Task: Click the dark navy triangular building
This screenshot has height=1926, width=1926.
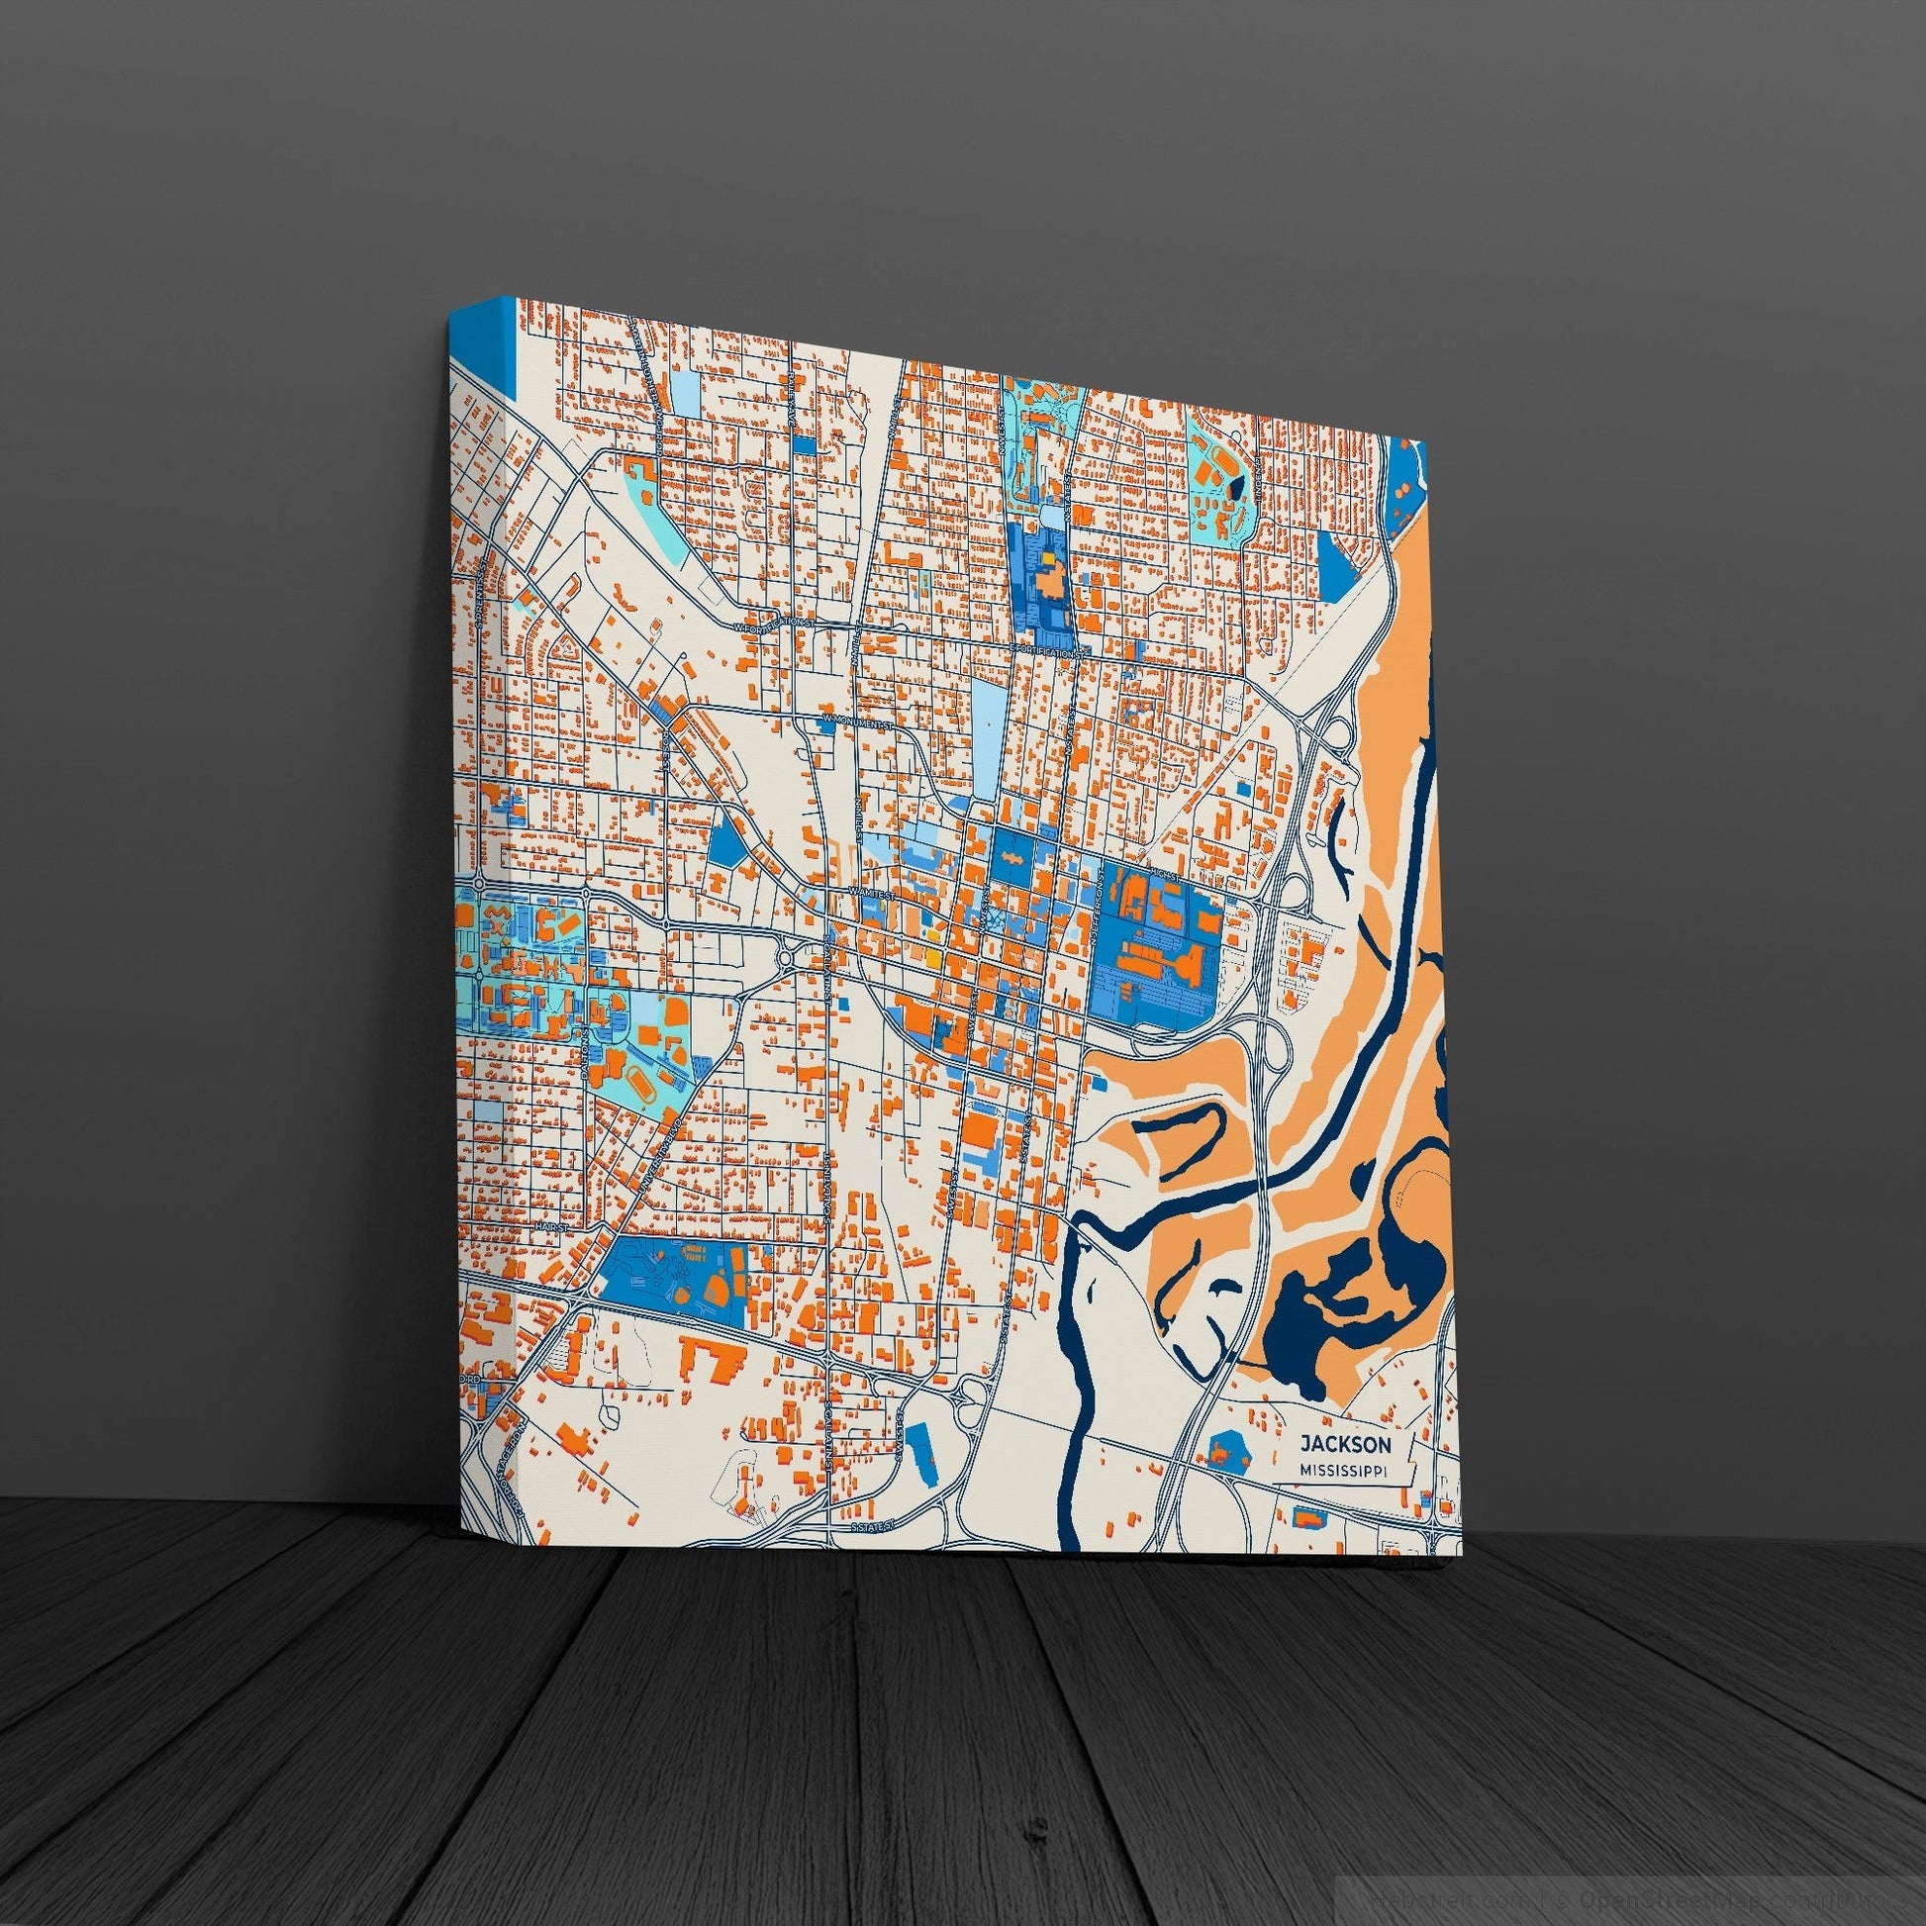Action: [x=1235, y=486]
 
